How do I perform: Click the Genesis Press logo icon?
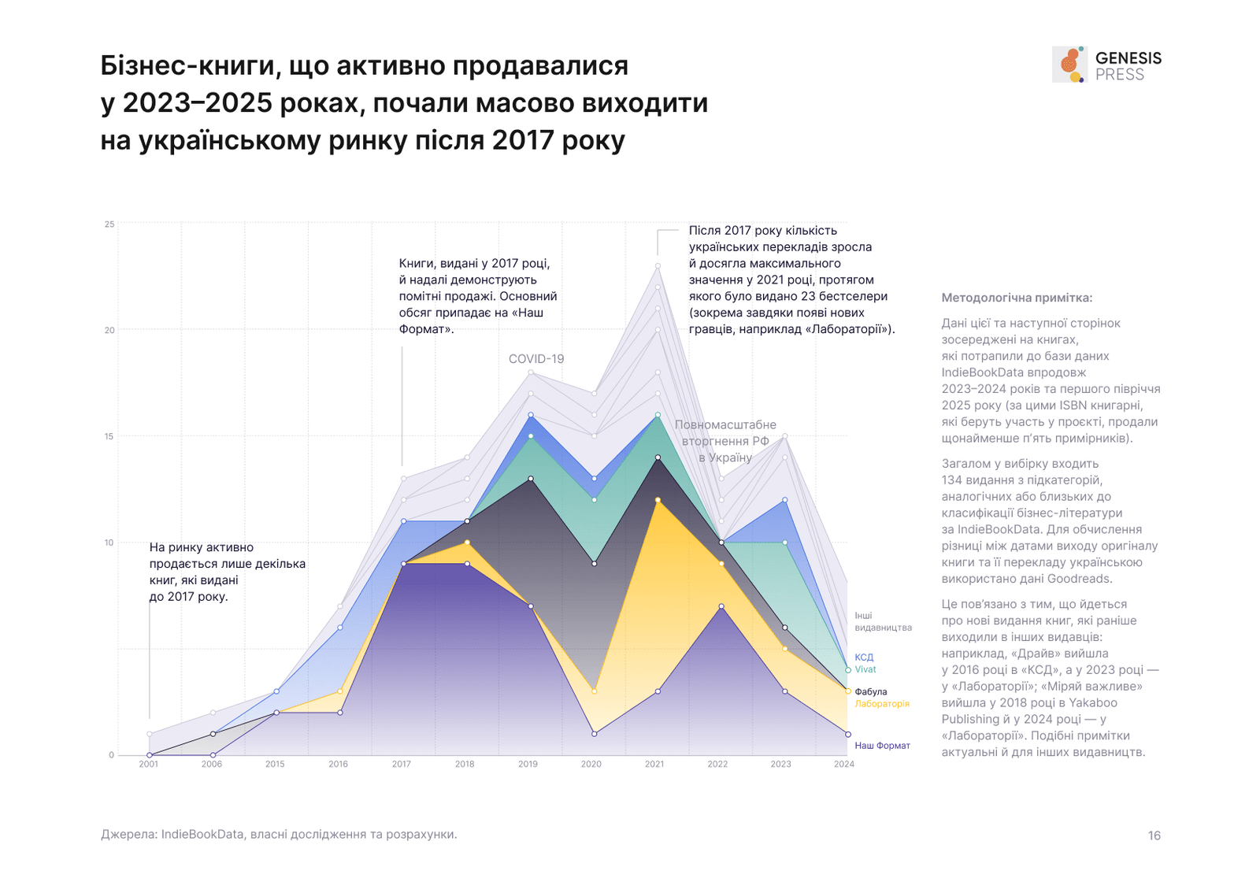(1069, 65)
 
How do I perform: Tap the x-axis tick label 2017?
(401, 764)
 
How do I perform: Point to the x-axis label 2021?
(654, 764)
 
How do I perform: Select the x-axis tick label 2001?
(148, 764)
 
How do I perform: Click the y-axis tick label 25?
(109, 224)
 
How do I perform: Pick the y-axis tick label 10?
(109, 543)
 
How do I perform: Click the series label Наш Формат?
(882, 746)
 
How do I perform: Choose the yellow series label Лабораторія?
(882, 704)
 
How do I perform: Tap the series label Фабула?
(871, 692)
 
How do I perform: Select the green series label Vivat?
(865, 669)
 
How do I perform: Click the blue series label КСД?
(864, 657)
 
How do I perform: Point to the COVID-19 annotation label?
(536, 359)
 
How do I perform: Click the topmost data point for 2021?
(658, 266)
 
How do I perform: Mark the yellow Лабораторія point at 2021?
(658, 500)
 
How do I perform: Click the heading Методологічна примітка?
(1017, 298)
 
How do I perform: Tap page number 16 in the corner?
(1154, 835)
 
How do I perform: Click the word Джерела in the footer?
(128, 834)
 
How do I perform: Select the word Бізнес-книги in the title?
(187, 66)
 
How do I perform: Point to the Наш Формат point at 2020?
(595, 734)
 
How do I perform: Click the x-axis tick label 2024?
(843, 764)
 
